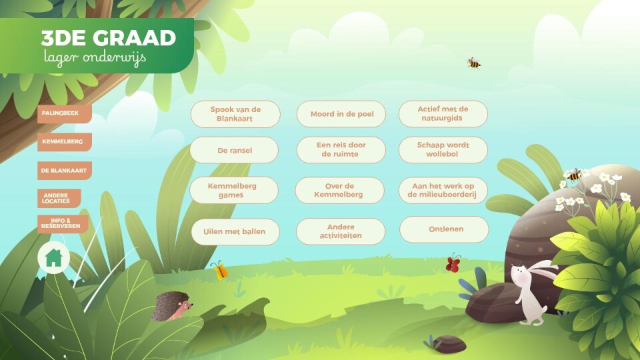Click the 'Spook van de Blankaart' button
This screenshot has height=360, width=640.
[x=235, y=114]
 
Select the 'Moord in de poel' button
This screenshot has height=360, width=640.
[x=341, y=114]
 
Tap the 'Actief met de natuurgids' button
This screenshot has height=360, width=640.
[x=443, y=114]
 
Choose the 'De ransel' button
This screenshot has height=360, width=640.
[x=234, y=150]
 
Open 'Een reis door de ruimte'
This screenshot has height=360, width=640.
[x=341, y=150]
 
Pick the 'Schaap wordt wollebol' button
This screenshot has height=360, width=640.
[x=443, y=150]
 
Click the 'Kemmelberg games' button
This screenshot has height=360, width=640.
[x=234, y=190]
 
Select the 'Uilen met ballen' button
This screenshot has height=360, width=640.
[x=235, y=232]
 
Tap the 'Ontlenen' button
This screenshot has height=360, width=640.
[x=444, y=229]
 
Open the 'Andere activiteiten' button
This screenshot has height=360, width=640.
[x=341, y=231]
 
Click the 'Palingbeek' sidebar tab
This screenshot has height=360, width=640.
[x=65, y=113]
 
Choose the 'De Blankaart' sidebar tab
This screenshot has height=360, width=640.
[x=65, y=171]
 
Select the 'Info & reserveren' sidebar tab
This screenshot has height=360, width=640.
[x=63, y=224]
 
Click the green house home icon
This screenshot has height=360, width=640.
[x=53, y=258]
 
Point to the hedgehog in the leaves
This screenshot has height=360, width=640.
[x=171, y=307]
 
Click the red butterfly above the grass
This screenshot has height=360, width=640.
[x=453, y=263]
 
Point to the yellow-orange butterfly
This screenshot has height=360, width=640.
[x=219, y=270]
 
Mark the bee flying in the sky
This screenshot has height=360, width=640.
[x=473, y=63]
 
